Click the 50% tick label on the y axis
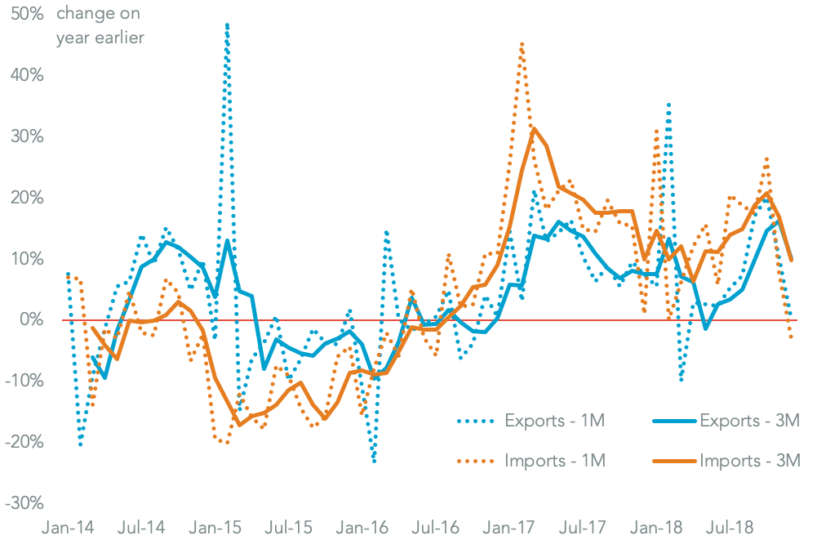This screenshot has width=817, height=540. point(26,14)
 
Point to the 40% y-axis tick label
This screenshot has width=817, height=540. point(26,75)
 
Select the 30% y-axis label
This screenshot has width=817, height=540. point(26,136)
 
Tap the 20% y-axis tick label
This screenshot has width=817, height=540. point(26,198)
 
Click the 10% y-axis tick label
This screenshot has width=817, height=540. point(26,259)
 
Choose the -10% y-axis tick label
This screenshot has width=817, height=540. point(24,382)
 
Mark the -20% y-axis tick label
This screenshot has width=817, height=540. point(24,443)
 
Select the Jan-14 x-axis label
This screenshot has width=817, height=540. point(68,529)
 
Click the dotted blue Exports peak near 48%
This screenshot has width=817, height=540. point(226,25)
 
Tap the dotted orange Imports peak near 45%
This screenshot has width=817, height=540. point(522,43)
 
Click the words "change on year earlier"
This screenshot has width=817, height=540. point(100,26)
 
